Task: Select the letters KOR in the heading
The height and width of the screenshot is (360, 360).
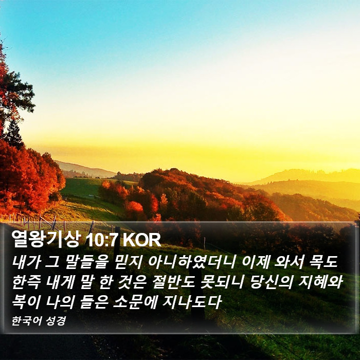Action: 142,240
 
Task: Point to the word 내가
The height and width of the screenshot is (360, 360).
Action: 26,262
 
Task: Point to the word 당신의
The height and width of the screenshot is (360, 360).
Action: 271,282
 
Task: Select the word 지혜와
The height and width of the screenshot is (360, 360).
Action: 320,282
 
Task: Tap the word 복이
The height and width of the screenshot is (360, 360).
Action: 26,302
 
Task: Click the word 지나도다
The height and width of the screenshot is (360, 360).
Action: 192,302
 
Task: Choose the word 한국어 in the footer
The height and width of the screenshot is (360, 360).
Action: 27,321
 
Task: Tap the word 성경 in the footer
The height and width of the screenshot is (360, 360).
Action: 56,321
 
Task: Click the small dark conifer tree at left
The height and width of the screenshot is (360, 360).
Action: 14,134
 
